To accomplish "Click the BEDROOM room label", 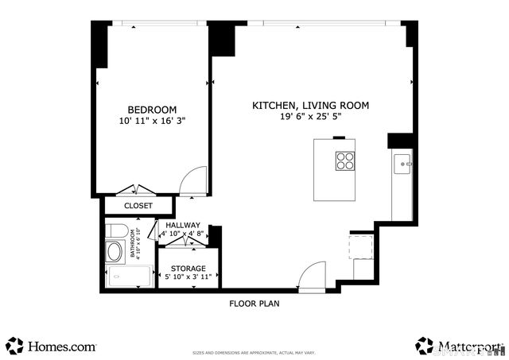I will pyautogui.click(x=152, y=109).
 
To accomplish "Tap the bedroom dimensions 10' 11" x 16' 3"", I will pyautogui.click(x=152, y=122).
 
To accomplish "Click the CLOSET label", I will pyautogui.click(x=138, y=206).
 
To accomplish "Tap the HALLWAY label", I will pyautogui.click(x=183, y=225).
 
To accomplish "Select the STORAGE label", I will pyautogui.click(x=188, y=269).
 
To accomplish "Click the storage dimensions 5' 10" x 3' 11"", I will pyautogui.click(x=188, y=278).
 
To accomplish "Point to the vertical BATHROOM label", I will pyautogui.click(x=134, y=246).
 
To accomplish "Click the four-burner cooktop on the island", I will pyautogui.click(x=344, y=161).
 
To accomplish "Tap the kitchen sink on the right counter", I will pyautogui.click(x=404, y=165).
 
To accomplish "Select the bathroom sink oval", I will pyautogui.click(x=115, y=254).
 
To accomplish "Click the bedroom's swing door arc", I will pyautogui.click(x=194, y=180).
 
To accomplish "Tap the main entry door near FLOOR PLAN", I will pyautogui.click(x=313, y=275).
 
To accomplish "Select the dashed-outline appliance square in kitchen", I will pyautogui.click(x=362, y=247).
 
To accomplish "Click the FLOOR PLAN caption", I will pyautogui.click(x=254, y=303).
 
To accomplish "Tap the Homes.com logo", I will pyautogui.click(x=51, y=346).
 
